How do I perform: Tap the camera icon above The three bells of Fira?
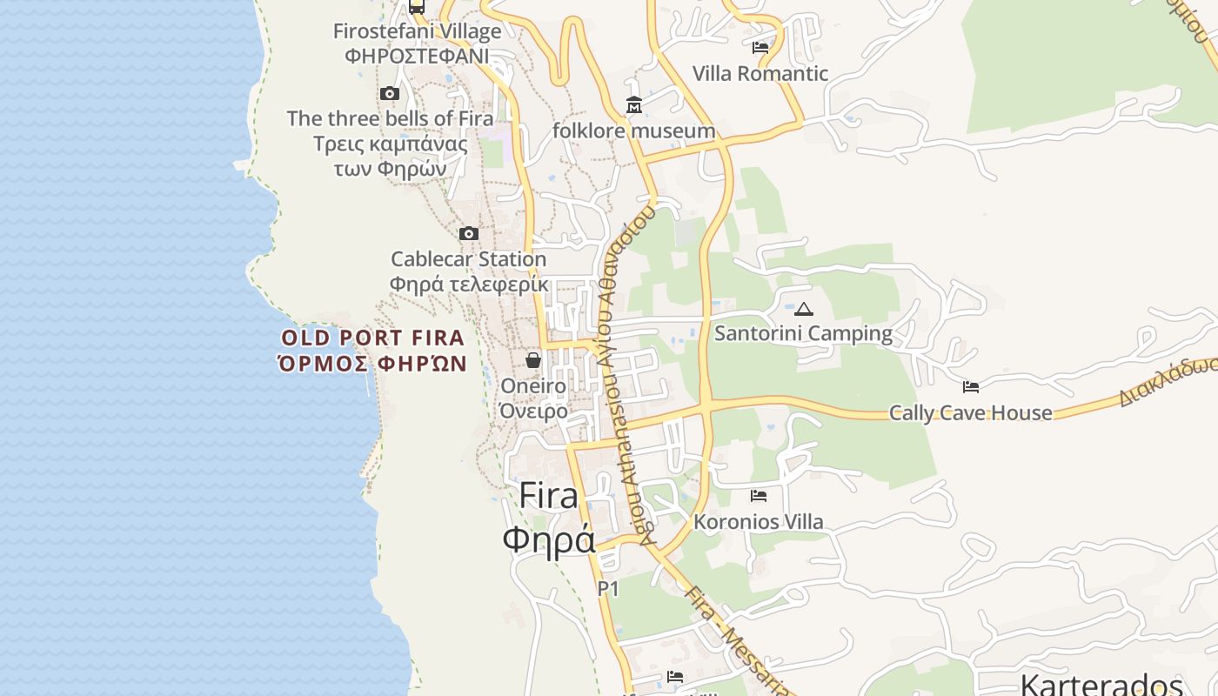[x=389, y=93]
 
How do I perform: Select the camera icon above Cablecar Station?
[x=469, y=233]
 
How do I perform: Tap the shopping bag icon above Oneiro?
[x=533, y=359]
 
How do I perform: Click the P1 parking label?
[x=608, y=589]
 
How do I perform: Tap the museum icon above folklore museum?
[x=634, y=105]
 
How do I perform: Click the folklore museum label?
[x=634, y=131]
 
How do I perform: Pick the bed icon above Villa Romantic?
[x=760, y=48]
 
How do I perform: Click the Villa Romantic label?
[x=760, y=74]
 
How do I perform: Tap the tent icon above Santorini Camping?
[x=804, y=308]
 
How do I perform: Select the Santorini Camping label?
[x=803, y=333]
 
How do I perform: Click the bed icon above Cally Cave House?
[x=971, y=386]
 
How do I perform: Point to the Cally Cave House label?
[x=970, y=413]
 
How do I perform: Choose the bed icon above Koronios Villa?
[x=759, y=496]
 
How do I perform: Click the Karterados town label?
[x=1101, y=684]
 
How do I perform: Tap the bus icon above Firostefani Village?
[x=417, y=7]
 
